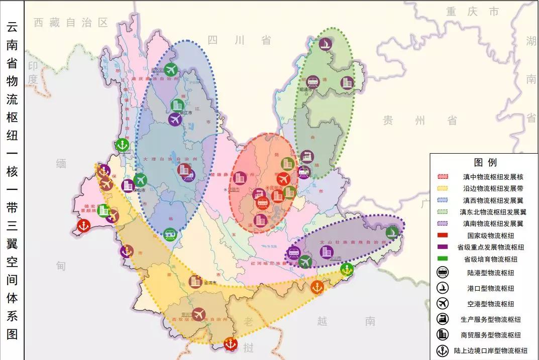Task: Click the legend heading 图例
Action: pos(485,162)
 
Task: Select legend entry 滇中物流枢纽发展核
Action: pos(493,177)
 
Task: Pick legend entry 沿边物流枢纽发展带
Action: pos(493,188)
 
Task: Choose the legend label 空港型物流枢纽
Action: pos(491,304)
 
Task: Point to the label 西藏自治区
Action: pos(71,22)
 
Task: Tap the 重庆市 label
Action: pos(472,12)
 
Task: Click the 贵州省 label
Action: pos(420,120)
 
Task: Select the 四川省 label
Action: pos(240,40)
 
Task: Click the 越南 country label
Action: pos(346,321)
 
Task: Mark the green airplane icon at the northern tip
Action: pos(171,69)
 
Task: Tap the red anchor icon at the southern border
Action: pos(230,344)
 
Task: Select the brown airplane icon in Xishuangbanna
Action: pos(199,314)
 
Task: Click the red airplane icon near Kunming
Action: pos(283,179)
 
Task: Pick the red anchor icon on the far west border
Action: pos(84,226)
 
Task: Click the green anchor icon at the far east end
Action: pos(392,232)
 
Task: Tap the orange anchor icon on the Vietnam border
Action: pos(317,287)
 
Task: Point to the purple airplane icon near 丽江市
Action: pos(175,119)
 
